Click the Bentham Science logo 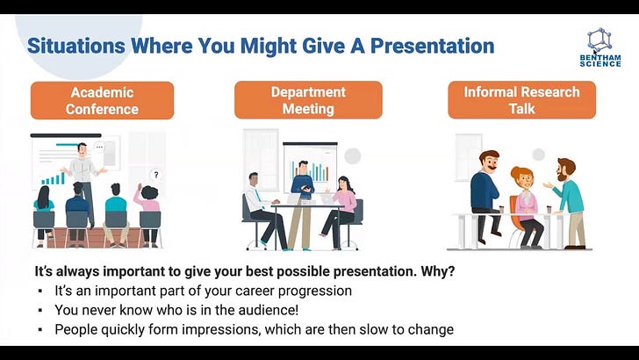[x=600, y=47]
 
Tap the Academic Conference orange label [x=103, y=100]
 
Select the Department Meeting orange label [x=308, y=100]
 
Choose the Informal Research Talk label [x=521, y=100]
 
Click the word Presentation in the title [x=433, y=46]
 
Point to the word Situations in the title [x=76, y=46]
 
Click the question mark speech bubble [x=155, y=175]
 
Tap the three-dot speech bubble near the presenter [x=99, y=148]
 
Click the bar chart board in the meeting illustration [x=311, y=167]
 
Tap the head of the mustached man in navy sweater [x=489, y=161]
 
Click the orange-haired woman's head [x=522, y=177]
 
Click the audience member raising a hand [x=147, y=215]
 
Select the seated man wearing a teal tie [x=263, y=210]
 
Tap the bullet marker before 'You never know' [x=40, y=310]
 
